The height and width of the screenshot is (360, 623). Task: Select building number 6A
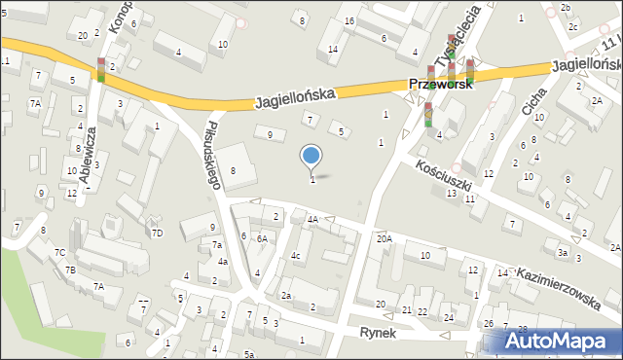262,238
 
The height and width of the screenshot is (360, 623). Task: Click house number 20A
385,238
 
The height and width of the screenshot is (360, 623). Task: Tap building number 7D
157,233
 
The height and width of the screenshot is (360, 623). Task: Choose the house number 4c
296,257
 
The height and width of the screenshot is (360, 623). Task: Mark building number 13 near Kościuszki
451,194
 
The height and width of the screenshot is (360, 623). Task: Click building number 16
348,21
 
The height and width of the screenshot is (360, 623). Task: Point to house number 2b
566,8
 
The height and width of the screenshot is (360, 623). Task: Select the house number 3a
563,252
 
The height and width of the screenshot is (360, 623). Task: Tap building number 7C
59,253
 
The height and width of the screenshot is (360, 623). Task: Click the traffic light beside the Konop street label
101,69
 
